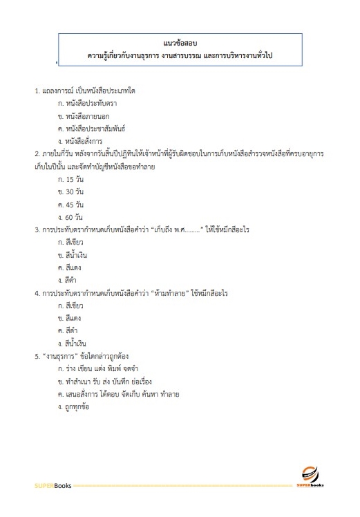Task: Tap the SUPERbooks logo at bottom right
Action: (310, 478)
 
